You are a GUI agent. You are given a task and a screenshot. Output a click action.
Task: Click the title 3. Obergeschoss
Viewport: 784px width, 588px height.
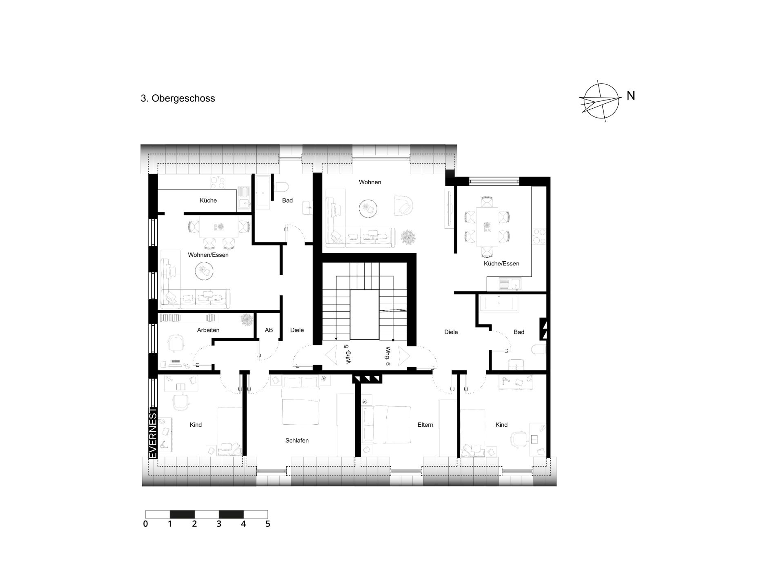pyautogui.click(x=178, y=99)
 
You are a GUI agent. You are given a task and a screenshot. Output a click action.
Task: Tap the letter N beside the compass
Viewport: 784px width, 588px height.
pyautogui.click(x=631, y=96)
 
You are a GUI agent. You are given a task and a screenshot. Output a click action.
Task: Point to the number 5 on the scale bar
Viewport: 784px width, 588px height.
pyautogui.click(x=268, y=524)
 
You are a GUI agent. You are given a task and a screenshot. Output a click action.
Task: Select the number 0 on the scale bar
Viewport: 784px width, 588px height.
pyautogui.click(x=145, y=524)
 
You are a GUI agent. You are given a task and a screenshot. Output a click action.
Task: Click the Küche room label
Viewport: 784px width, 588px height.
pyautogui.click(x=208, y=200)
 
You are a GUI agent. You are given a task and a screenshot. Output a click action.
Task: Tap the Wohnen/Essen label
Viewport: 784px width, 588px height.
pyautogui.click(x=208, y=255)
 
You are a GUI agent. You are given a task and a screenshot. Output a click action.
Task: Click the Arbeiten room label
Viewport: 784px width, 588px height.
pyautogui.click(x=208, y=330)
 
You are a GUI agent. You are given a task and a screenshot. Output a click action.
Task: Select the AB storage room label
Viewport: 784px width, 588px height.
pyautogui.click(x=269, y=330)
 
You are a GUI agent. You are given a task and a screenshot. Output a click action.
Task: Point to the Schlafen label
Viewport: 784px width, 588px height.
pyautogui.click(x=297, y=441)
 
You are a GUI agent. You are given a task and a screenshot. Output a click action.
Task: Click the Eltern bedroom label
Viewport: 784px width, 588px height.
pyautogui.click(x=425, y=425)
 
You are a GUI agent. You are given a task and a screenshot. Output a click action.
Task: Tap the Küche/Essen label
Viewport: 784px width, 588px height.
pyautogui.click(x=501, y=264)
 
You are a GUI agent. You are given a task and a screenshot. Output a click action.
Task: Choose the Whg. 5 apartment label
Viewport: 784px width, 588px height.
pyautogui.click(x=347, y=354)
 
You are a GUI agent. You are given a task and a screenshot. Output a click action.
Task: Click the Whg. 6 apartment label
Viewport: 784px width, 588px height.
pyautogui.click(x=388, y=356)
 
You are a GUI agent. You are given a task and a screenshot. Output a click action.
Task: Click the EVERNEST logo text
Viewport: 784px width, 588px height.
pyautogui.click(x=153, y=433)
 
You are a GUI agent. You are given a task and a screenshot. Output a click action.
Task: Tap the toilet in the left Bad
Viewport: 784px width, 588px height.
pyautogui.click(x=282, y=187)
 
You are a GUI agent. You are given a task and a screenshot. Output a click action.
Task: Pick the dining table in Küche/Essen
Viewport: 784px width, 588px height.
pyautogui.click(x=487, y=227)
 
